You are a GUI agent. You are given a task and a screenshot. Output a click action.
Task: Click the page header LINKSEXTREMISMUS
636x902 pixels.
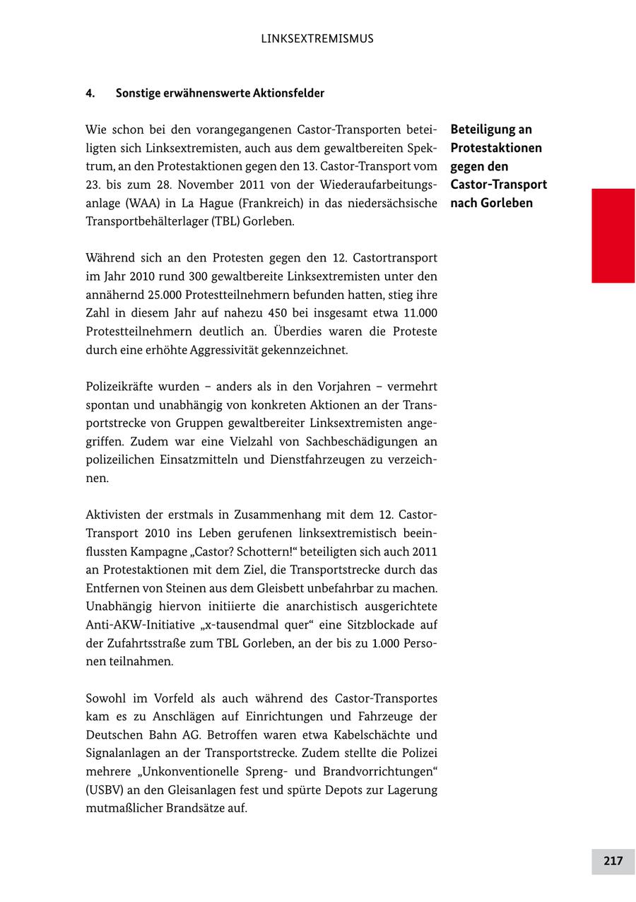[317, 39]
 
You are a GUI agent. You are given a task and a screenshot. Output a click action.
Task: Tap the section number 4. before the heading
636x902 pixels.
[90, 93]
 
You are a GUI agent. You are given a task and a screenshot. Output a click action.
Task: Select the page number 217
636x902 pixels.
[613, 860]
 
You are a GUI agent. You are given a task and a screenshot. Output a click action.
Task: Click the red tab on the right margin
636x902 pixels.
[613, 235]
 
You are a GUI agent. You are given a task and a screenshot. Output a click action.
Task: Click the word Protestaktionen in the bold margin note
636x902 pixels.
[496, 148]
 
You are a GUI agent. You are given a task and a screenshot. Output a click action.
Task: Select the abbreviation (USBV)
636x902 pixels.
[107, 790]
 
